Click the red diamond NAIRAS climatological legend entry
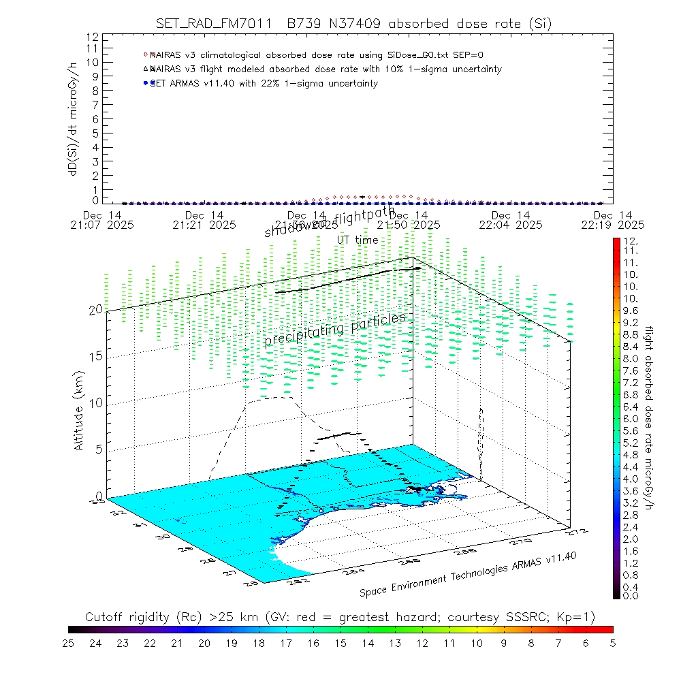pyautogui.click(x=317, y=54)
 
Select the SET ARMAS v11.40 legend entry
pyautogui.click(x=262, y=83)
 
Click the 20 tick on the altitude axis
pyautogui.click(x=95, y=309)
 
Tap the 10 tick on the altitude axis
pyautogui.click(x=95, y=402)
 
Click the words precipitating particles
pyautogui.click(x=334, y=330)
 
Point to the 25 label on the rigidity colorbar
pyautogui.click(x=69, y=642)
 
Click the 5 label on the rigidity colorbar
pyautogui.click(x=612, y=642)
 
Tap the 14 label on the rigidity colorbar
pyautogui.click(x=368, y=642)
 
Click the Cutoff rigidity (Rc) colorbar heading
pyautogui.click(x=340, y=617)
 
